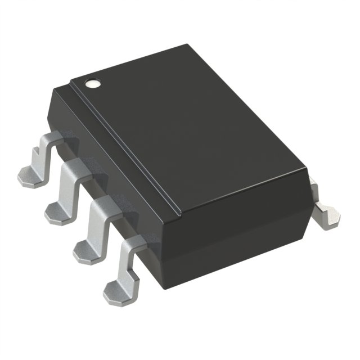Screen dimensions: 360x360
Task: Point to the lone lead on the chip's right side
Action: pyautogui.click(x=325, y=213)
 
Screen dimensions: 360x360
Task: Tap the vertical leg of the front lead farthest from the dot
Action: pyautogui.click(x=128, y=264)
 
